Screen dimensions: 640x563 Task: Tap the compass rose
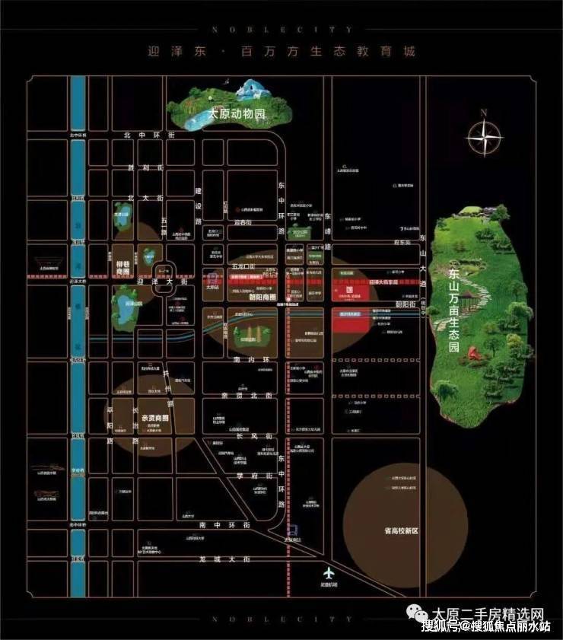click(x=484, y=139)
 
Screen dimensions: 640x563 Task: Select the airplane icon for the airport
click(x=328, y=573)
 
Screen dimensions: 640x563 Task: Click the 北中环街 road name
click(x=149, y=135)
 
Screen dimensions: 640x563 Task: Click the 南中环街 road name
click(x=214, y=525)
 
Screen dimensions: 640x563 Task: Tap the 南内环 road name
click(x=248, y=358)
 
